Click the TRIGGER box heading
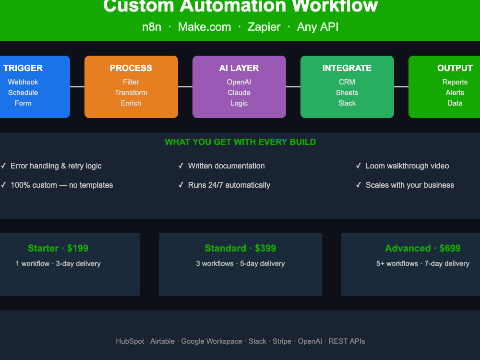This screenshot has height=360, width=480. [23, 68]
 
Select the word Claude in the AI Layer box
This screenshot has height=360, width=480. [239, 93]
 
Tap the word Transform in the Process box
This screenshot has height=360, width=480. [131, 93]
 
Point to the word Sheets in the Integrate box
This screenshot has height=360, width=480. [347, 93]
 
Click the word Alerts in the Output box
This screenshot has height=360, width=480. [455, 93]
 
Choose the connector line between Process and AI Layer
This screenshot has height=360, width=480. [185, 87]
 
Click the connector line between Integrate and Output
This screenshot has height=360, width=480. [401, 87]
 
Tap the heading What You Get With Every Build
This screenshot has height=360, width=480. [240, 142]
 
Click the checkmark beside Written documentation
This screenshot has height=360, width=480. [181, 166]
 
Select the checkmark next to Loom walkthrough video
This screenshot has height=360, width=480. [359, 166]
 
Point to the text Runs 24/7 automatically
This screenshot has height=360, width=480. [229, 185]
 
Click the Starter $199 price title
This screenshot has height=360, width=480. [58, 248]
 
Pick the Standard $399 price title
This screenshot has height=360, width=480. [240, 248]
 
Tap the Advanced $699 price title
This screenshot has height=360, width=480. [423, 248]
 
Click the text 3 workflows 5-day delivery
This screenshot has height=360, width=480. [240, 264]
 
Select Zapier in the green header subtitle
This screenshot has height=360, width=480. [264, 27]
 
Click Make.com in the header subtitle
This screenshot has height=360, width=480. [204, 27]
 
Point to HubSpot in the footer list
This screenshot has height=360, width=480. [130, 341]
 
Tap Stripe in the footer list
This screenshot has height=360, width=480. [282, 341]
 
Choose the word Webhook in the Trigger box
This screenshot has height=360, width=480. [23, 82]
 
